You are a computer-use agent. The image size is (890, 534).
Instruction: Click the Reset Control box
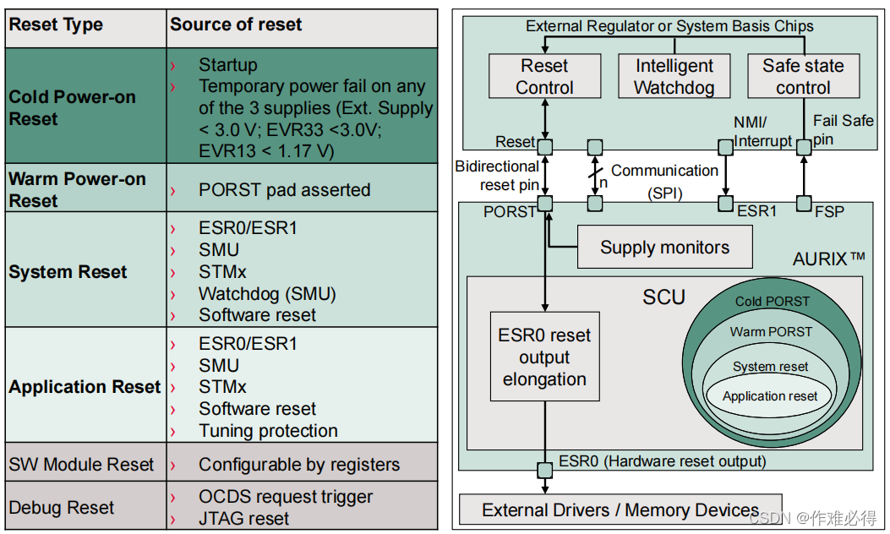[x=544, y=76]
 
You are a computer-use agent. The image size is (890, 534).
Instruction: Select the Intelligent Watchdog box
[x=674, y=76]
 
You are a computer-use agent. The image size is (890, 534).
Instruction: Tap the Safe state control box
[x=803, y=76]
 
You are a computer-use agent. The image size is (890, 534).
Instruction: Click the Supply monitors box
[x=664, y=248]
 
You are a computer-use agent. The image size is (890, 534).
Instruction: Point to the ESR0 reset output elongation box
[x=544, y=357]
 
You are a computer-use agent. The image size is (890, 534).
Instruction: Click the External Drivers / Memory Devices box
[x=620, y=509]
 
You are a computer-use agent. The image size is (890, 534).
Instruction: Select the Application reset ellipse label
[x=770, y=395]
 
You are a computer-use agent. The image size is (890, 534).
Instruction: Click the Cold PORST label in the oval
[x=772, y=302]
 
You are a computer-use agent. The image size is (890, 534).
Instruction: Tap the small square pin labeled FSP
[x=804, y=204]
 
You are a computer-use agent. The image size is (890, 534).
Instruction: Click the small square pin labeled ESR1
[x=724, y=204]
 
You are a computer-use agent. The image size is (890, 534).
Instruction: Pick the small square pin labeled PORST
[x=545, y=204]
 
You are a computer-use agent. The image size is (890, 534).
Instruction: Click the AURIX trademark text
[x=829, y=259]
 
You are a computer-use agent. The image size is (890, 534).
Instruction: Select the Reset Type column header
[x=56, y=25]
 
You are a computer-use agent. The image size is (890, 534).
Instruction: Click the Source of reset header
[x=236, y=25]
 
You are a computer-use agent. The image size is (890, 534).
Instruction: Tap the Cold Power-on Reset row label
[x=72, y=107]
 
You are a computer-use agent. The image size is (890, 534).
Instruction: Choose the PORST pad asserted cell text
[x=284, y=189]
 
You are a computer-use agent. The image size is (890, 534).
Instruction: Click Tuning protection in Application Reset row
[x=268, y=431]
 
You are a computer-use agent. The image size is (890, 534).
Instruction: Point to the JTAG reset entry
[x=243, y=518]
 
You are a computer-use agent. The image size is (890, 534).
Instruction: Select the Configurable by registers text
[x=298, y=465]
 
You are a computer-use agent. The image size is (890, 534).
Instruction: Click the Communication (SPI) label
[x=664, y=181]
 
